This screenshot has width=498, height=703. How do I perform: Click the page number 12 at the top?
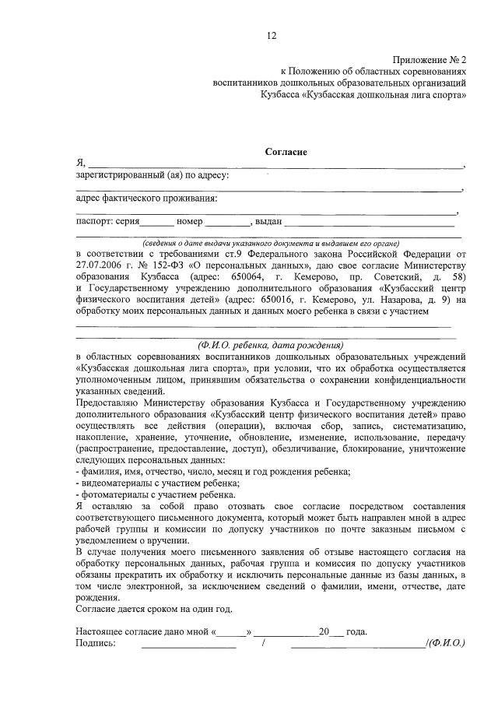pyautogui.click(x=272, y=35)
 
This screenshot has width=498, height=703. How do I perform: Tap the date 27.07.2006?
pyautogui.click(x=101, y=265)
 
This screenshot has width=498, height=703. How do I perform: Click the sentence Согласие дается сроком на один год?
pyautogui.click(x=154, y=608)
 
